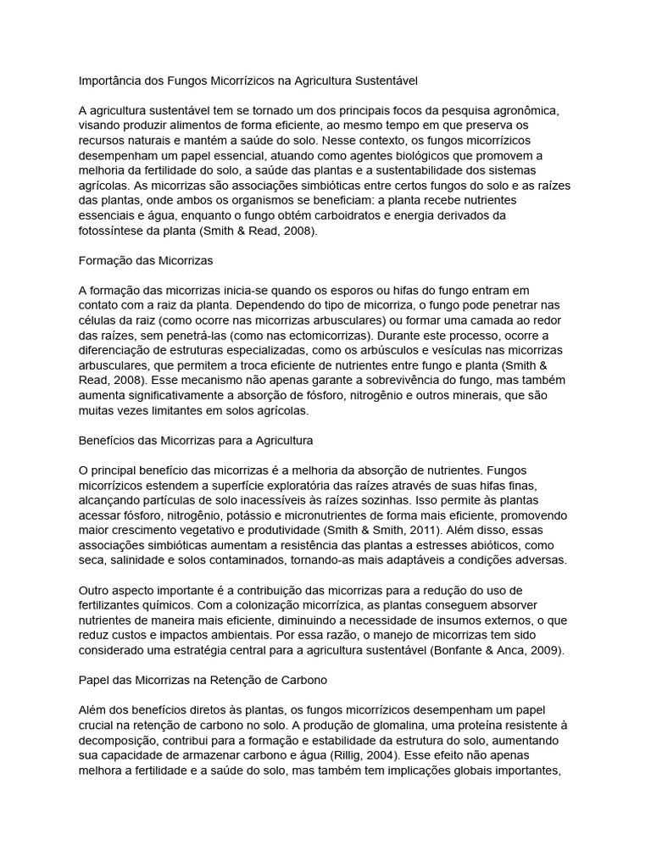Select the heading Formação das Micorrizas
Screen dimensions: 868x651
coord(145,260)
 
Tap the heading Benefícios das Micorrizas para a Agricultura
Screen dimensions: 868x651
coord(196,441)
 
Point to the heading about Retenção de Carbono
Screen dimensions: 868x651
coord(203,681)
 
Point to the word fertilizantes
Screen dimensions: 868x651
coord(109,605)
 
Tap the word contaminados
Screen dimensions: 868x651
coord(247,560)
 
